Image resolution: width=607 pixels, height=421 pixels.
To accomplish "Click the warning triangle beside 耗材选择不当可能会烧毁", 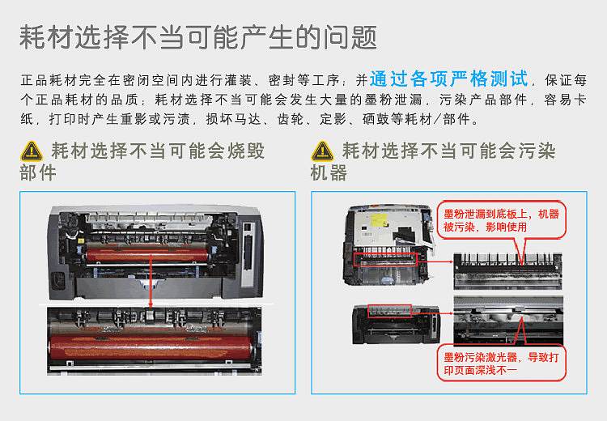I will tap(32, 151).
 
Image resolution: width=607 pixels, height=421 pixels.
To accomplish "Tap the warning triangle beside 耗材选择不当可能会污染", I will tap(322, 151).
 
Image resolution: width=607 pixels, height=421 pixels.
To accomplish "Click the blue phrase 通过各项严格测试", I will tap(449, 79).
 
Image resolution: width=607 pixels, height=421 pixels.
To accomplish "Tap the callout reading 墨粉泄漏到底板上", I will tap(501, 219).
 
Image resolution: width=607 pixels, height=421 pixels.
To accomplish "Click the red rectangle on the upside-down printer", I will tap(384, 258).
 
